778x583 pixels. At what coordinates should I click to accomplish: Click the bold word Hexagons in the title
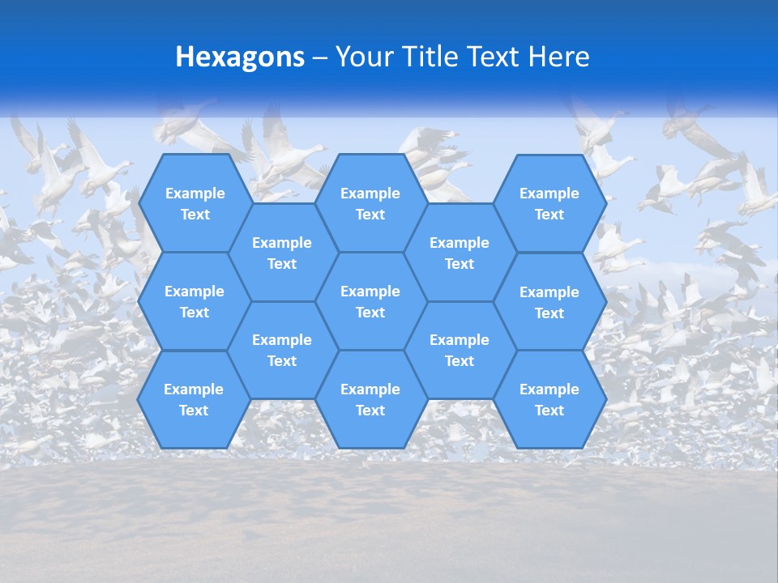[240, 57]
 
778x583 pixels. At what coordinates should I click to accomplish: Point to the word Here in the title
[558, 57]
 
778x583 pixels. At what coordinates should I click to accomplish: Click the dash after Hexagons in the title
[320, 57]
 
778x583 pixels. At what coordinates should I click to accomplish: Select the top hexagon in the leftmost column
[194, 203]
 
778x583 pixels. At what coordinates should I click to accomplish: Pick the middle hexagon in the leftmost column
[194, 301]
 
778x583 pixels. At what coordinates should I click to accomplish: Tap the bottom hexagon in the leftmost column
[194, 399]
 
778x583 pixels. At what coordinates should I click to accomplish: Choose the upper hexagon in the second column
[282, 253]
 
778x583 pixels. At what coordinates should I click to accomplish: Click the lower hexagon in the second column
[282, 350]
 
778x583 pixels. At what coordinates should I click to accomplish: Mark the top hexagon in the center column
[370, 203]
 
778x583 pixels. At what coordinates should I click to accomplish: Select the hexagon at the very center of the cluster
[370, 301]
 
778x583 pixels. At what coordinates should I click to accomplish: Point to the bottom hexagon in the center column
[370, 399]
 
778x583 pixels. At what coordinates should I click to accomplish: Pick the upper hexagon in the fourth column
[460, 253]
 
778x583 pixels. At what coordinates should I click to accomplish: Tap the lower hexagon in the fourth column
[460, 350]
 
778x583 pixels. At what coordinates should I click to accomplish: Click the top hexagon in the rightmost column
[549, 203]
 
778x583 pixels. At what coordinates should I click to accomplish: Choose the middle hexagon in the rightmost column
[549, 302]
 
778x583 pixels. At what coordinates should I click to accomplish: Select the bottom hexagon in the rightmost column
[549, 399]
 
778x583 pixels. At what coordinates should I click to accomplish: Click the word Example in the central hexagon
[370, 291]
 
